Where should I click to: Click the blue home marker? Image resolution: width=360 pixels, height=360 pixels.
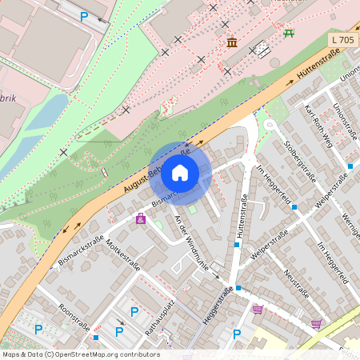tap(180, 172)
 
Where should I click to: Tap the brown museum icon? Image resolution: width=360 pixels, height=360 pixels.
tap(232, 42)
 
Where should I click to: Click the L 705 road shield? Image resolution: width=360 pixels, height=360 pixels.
tap(342, 39)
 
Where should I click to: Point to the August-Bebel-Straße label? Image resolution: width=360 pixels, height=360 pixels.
tap(157, 170)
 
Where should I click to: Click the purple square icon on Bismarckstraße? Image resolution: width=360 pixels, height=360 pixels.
tap(141, 218)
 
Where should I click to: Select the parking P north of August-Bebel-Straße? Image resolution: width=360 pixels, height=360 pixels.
tap(84, 16)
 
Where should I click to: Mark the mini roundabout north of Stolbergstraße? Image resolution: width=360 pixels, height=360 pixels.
tap(270, 124)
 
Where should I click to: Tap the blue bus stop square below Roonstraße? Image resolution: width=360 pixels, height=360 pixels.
tap(96, 338)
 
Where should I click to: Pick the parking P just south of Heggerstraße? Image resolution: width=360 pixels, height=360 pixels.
tap(236, 334)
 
